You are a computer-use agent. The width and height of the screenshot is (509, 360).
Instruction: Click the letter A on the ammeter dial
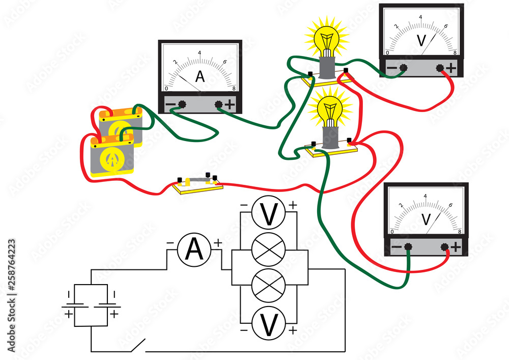(x=200, y=77)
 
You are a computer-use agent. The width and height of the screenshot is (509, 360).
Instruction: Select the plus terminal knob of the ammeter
(x=219, y=104)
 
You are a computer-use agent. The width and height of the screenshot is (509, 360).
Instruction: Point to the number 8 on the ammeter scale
(x=234, y=89)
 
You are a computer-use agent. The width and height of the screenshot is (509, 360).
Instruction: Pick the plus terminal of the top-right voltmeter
(x=440, y=67)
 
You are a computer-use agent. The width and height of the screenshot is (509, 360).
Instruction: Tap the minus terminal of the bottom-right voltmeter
(x=408, y=247)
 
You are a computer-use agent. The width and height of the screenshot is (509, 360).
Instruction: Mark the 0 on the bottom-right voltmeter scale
(x=391, y=232)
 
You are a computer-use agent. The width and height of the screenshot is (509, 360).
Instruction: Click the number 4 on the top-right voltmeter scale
(x=420, y=17)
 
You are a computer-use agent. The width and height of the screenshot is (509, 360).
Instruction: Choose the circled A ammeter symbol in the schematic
(x=194, y=250)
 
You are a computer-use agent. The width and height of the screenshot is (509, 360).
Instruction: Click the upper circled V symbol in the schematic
(x=269, y=214)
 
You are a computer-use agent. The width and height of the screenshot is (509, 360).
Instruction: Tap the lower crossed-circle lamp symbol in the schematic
(x=269, y=285)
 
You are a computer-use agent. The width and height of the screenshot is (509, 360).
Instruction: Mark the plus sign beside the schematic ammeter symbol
(x=218, y=243)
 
